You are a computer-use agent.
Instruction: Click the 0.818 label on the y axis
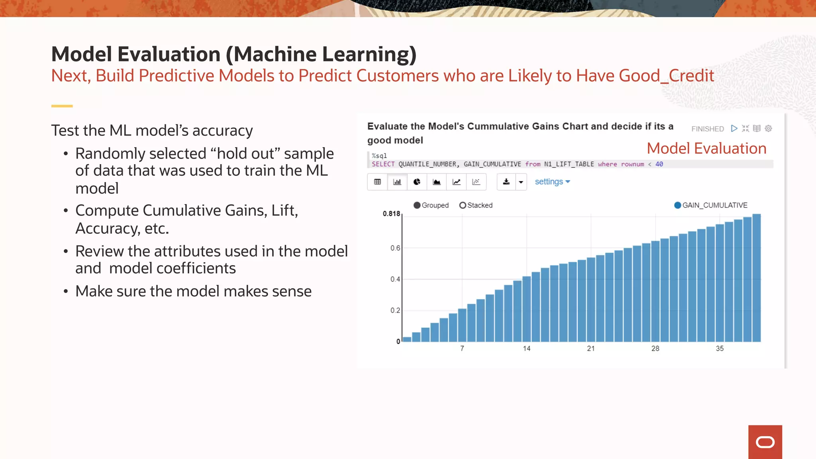[391, 214]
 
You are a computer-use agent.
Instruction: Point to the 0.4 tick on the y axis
[395, 279]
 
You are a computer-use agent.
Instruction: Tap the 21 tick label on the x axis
[591, 349]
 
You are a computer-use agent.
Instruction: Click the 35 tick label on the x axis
[720, 349]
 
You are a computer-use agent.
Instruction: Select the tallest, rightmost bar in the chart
[756, 279]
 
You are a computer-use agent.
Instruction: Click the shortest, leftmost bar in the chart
[407, 339]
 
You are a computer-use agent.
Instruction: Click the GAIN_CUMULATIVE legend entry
[711, 205]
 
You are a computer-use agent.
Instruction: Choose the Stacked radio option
[463, 205]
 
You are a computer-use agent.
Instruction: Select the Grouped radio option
[417, 205]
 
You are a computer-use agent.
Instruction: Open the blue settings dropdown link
[552, 182]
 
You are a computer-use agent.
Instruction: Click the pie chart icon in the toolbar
[417, 182]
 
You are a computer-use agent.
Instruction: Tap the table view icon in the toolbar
[377, 182]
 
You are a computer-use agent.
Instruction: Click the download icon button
[506, 182]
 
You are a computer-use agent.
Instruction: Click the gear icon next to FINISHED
[769, 128]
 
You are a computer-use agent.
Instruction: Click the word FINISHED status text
[707, 129]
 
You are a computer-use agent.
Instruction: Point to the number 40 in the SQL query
[659, 164]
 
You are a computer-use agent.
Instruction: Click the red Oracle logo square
[765, 442]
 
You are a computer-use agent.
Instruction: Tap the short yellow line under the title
[62, 106]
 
